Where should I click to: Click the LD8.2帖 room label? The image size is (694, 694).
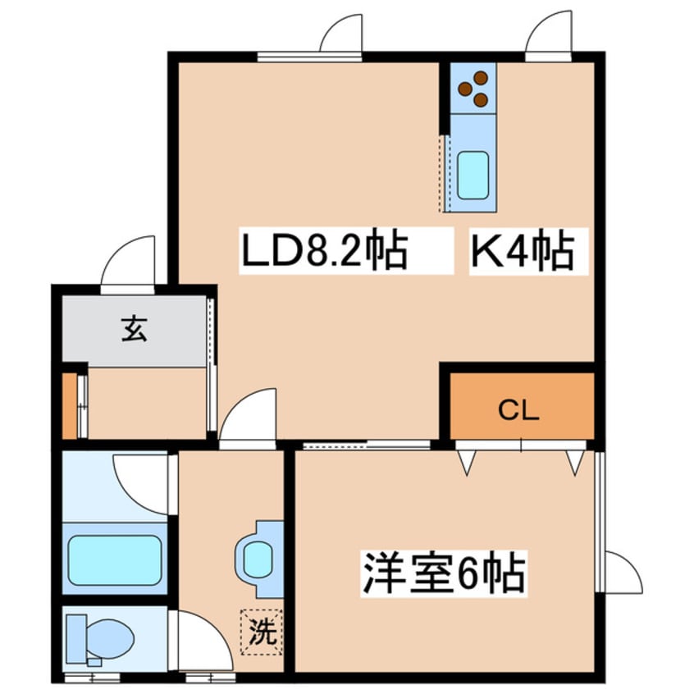324,252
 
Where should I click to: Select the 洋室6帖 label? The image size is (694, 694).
443,573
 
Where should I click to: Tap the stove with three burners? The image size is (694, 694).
473,89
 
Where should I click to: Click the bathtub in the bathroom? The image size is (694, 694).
114,561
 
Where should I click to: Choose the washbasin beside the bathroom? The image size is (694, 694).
258,559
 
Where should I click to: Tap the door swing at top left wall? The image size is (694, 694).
340,34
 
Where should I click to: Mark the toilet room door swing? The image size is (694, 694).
200,637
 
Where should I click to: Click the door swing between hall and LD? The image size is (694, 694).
249,418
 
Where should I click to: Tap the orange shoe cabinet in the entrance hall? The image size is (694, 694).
69,405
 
